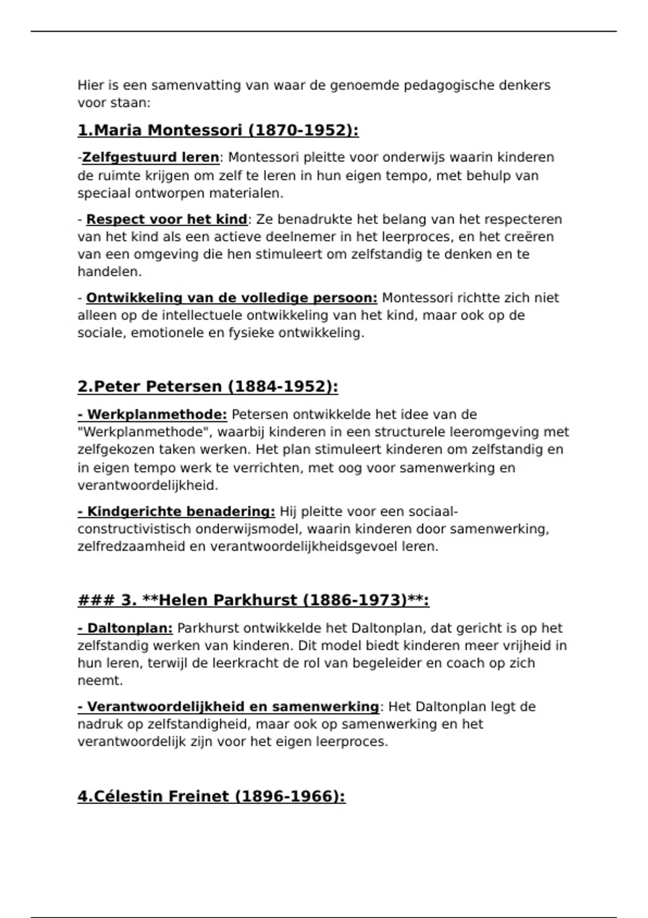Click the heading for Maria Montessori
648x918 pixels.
218,131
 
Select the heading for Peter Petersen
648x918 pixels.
208,387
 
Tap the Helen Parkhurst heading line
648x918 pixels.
253,600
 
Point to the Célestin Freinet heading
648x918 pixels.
211,796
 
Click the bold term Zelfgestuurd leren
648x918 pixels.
151,158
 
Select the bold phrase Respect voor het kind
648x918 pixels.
166,219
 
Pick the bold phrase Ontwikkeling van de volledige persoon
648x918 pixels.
232,298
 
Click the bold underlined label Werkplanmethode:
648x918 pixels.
152,415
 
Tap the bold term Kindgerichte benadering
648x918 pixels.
177,511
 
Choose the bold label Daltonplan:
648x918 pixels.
125,628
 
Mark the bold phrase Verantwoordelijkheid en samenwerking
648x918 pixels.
228,707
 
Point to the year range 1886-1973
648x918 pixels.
354,600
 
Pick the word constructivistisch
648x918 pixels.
134,529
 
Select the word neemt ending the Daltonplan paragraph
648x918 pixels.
99,680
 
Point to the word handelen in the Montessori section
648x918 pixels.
109,272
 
